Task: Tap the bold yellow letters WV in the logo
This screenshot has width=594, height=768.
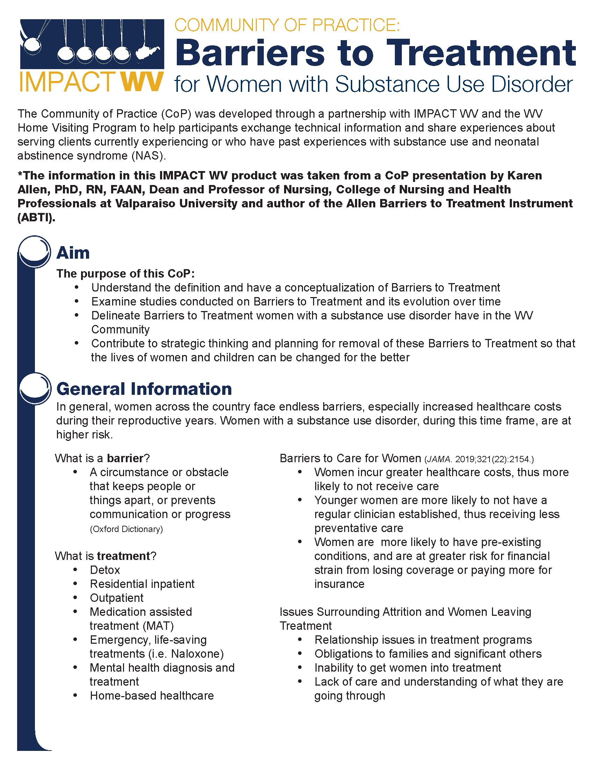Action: click(142, 82)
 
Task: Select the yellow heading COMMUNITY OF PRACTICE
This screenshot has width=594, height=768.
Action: click(287, 25)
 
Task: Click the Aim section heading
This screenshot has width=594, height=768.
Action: click(73, 253)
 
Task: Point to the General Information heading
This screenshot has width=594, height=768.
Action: click(144, 389)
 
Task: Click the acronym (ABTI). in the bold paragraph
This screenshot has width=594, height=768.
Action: click(36, 217)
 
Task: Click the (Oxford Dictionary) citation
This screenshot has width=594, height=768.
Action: click(126, 529)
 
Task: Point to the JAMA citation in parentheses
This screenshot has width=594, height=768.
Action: click(479, 459)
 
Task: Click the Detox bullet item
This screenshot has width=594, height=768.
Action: click(105, 570)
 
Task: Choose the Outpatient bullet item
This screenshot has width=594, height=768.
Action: click(116, 598)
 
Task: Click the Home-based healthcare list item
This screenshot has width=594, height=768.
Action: click(152, 695)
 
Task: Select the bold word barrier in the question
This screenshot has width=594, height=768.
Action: click(125, 458)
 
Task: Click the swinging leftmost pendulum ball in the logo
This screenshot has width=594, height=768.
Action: click(32, 46)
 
